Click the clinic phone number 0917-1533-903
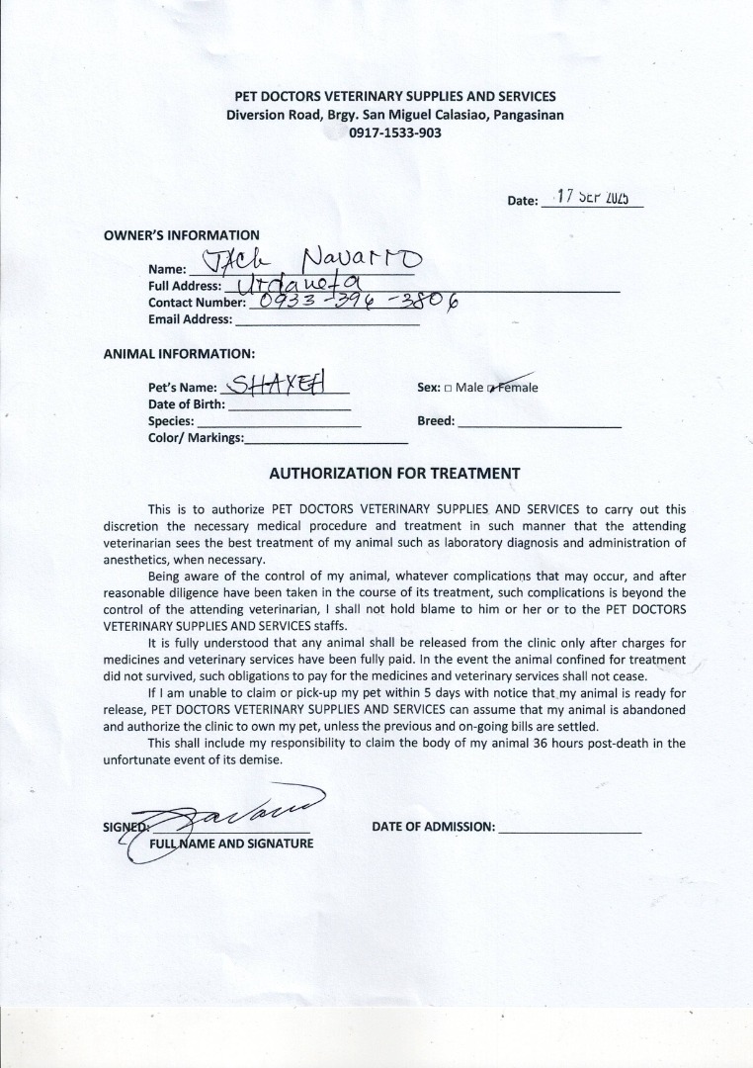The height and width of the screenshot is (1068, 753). point(394,133)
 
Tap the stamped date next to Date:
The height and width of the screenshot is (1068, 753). point(593,196)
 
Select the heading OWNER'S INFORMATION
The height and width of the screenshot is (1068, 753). point(182,235)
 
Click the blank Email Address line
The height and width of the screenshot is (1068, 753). point(327,319)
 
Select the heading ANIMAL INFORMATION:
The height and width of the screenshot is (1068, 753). point(179,353)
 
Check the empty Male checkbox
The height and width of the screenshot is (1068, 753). point(448,388)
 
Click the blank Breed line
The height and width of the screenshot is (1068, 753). point(540,421)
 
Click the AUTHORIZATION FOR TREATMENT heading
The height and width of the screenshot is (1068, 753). point(394,473)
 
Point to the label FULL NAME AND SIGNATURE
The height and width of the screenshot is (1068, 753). point(231,844)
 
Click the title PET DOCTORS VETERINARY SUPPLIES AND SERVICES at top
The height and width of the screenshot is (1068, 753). point(394,96)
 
